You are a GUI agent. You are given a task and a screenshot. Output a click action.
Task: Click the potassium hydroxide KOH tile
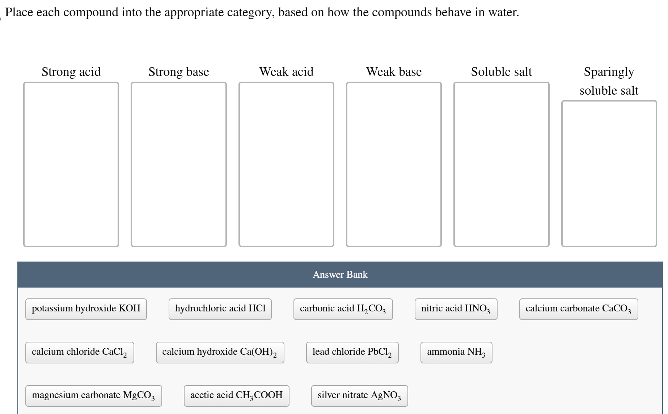[x=86, y=309]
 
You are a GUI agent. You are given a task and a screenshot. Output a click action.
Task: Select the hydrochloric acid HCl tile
[x=220, y=309]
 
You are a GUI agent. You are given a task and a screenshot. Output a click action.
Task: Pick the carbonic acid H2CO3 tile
[x=343, y=309]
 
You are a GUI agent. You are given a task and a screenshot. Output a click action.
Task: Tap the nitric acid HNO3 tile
[x=456, y=309]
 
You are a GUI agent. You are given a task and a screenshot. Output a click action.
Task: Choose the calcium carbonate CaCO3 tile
[x=578, y=309]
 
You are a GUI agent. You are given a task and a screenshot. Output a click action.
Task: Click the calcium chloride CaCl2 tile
[x=80, y=352]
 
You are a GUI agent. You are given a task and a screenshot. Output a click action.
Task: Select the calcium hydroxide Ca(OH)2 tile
[x=220, y=352]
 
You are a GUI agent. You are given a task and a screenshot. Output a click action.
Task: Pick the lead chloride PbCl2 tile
[x=352, y=352]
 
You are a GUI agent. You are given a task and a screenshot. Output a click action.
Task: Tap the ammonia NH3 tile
[x=456, y=352]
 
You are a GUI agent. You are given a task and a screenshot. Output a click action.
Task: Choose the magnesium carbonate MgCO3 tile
[x=93, y=396]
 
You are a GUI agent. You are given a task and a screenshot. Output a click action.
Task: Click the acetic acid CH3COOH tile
[x=236, y=396]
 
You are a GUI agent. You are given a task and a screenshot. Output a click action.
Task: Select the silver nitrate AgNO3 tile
[x=359, y=396]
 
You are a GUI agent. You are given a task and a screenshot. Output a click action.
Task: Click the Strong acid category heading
[x=71, y=72]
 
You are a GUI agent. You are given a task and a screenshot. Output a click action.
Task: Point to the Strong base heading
[x=178, y=72]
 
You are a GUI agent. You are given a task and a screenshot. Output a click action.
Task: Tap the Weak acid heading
[x=286, y=72]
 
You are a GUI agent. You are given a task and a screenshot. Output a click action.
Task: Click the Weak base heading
[x=394, y=72]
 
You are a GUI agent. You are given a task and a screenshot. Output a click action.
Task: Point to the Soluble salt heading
[x=501, y=72]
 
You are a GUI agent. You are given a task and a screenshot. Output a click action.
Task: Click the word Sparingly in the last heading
[x=609, y=72]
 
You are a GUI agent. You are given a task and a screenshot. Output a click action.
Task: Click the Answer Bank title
[x=340, y=275]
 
